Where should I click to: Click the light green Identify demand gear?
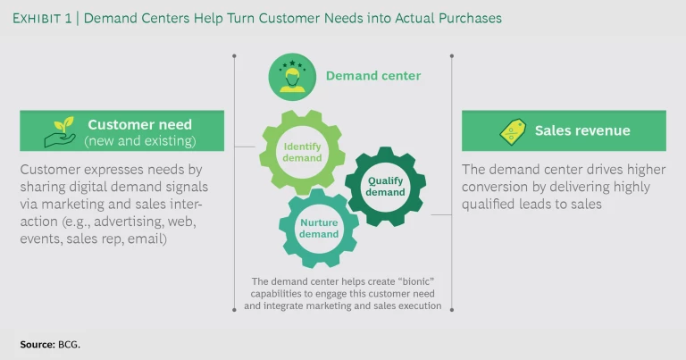click(302, 152)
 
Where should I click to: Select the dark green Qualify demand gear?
click(385, 186)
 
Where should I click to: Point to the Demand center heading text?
click(372, 76)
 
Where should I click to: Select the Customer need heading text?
click(139, 124)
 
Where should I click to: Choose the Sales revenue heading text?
click(582, 130)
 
